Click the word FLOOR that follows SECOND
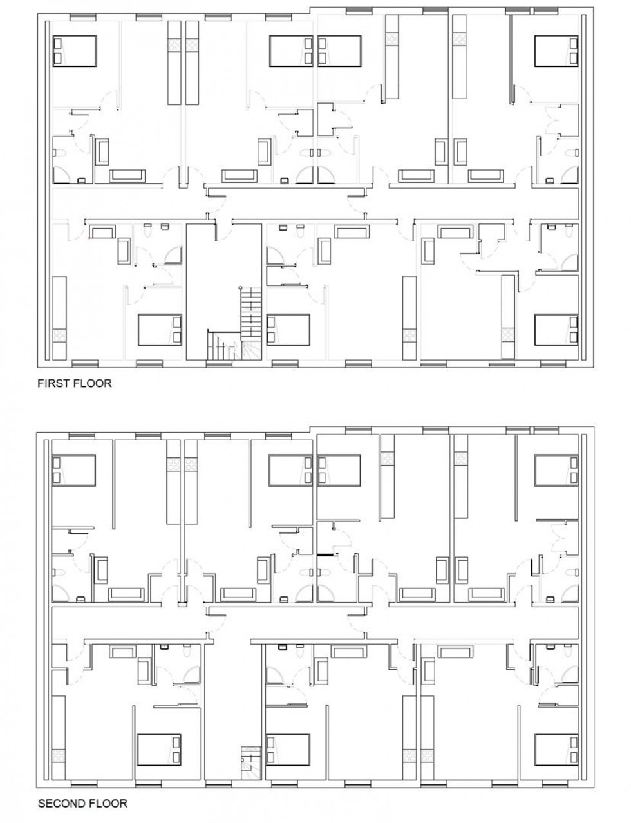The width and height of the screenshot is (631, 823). (x=109, y=803)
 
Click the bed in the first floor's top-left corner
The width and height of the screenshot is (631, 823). (x=73, y=50)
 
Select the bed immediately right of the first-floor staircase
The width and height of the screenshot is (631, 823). (x=288, y=330)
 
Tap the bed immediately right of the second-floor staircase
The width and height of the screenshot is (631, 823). (x=288, y=749)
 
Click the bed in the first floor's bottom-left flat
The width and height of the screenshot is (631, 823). (x=160, y=330)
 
